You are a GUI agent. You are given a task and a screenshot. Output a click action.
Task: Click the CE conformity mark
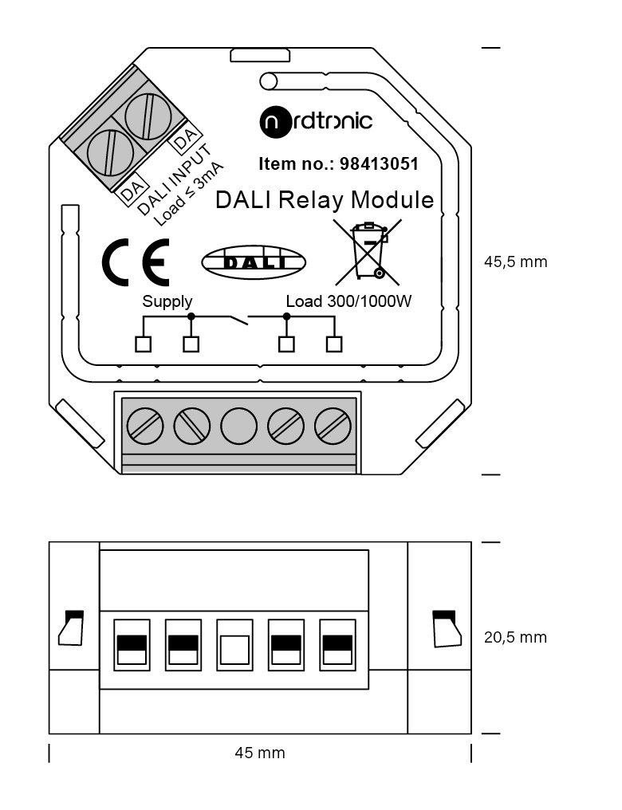(x=136, y=262)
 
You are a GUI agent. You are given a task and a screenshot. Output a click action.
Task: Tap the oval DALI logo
(x=253, y=262)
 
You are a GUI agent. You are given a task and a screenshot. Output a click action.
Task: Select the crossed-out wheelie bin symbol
(x=368, y=252)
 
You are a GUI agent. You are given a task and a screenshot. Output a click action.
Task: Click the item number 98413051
(x=379, y=163)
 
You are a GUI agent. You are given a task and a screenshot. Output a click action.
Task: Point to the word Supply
(x=167, y=301)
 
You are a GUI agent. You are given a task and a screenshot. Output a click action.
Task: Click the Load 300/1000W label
(x=348, y=301)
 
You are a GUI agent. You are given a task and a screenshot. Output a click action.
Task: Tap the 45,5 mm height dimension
(x=516, y=262)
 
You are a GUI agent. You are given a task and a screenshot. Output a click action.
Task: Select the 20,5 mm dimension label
(x=516, y=638)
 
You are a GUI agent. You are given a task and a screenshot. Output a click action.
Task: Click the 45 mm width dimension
(x=260, y=753)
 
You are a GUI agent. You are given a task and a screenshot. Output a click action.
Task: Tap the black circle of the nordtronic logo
(x=275, y=123)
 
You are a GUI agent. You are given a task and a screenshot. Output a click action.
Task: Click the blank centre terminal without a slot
(x=238, y=427)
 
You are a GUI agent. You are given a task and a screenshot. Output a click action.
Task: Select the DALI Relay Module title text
(x=325, y=200)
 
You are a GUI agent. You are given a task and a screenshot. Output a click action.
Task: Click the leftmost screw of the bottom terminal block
(x=145, y=427)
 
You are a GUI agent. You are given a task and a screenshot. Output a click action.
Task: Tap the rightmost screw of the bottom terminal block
(x=333, y=427)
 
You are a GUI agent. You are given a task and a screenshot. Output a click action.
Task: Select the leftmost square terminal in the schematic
(x=143, y=344)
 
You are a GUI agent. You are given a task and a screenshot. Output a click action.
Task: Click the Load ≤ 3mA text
(x=188, y=194)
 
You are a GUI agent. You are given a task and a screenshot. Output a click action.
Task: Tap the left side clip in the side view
(x=71, y=627)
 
